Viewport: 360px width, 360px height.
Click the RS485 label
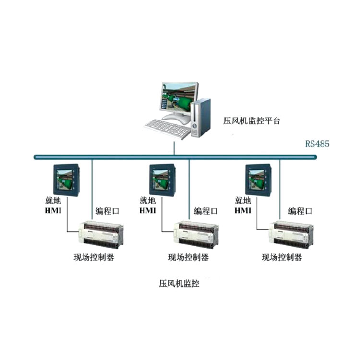(317, 144)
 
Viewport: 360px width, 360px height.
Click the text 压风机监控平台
(252, 120)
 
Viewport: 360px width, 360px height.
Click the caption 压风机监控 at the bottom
(179, 283)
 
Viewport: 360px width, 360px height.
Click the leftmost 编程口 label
(107, 211)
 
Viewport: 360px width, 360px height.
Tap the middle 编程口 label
(206, 211)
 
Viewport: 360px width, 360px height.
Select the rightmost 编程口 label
(300, 211)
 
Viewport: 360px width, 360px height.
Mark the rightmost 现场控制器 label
(282, 257)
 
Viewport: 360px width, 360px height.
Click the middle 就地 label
(148, 201)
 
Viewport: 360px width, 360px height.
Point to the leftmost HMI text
(53, 211)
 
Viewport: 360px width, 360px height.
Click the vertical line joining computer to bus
(174, 146)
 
